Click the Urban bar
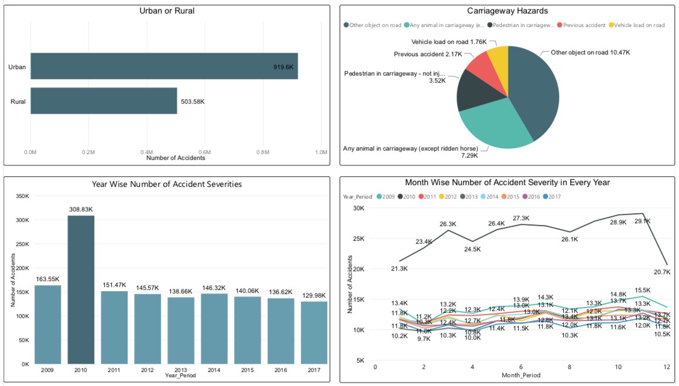[x=164, y=66]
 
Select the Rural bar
[x=104, y=101]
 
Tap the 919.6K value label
[x=283, y=67]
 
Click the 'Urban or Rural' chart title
[x=166, y=11]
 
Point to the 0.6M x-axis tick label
[x=204, y=152]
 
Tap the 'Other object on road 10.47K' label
[x=590, y=52]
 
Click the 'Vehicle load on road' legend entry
[x=639, y=25]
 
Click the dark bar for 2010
[x=81, y=289]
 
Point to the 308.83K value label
[x=81, y=209]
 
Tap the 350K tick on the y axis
[x=21, y=196]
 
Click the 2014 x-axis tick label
[x=214, y=370]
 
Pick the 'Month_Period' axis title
[x=521, y=375]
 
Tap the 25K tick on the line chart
[x=359, y=238]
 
